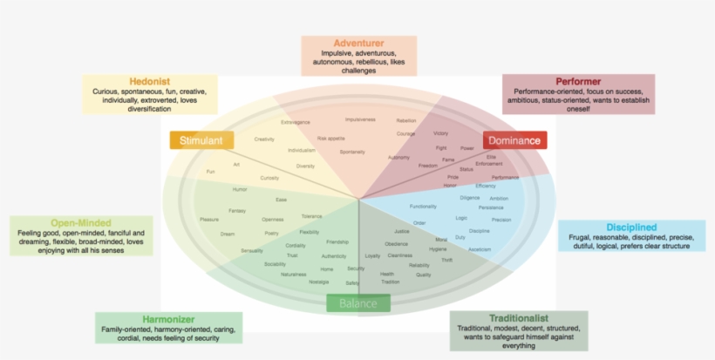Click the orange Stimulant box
[x=201, y=141]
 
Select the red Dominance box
[x=514, y=140]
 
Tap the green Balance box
[x=358, y=303]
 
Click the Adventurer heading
[x=358, y=43]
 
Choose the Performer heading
[x=578, y=81]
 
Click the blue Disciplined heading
[x=631, y=228]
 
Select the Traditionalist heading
[x=518, y=318]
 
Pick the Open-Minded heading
[x=78, y=223]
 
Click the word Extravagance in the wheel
[x=296, y=122]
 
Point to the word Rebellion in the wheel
[x=406, y=120]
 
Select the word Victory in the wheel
[x=440, y=133]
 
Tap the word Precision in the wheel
[x=501, y=220]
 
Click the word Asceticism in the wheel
[x=480, y=249]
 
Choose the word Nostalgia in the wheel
[x=318, y=282]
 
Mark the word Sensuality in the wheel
[x=252, y=250]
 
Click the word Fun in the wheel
[x=210, y=172]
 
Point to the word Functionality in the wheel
[x=423, y=207]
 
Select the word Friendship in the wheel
[x=337, y=241]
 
